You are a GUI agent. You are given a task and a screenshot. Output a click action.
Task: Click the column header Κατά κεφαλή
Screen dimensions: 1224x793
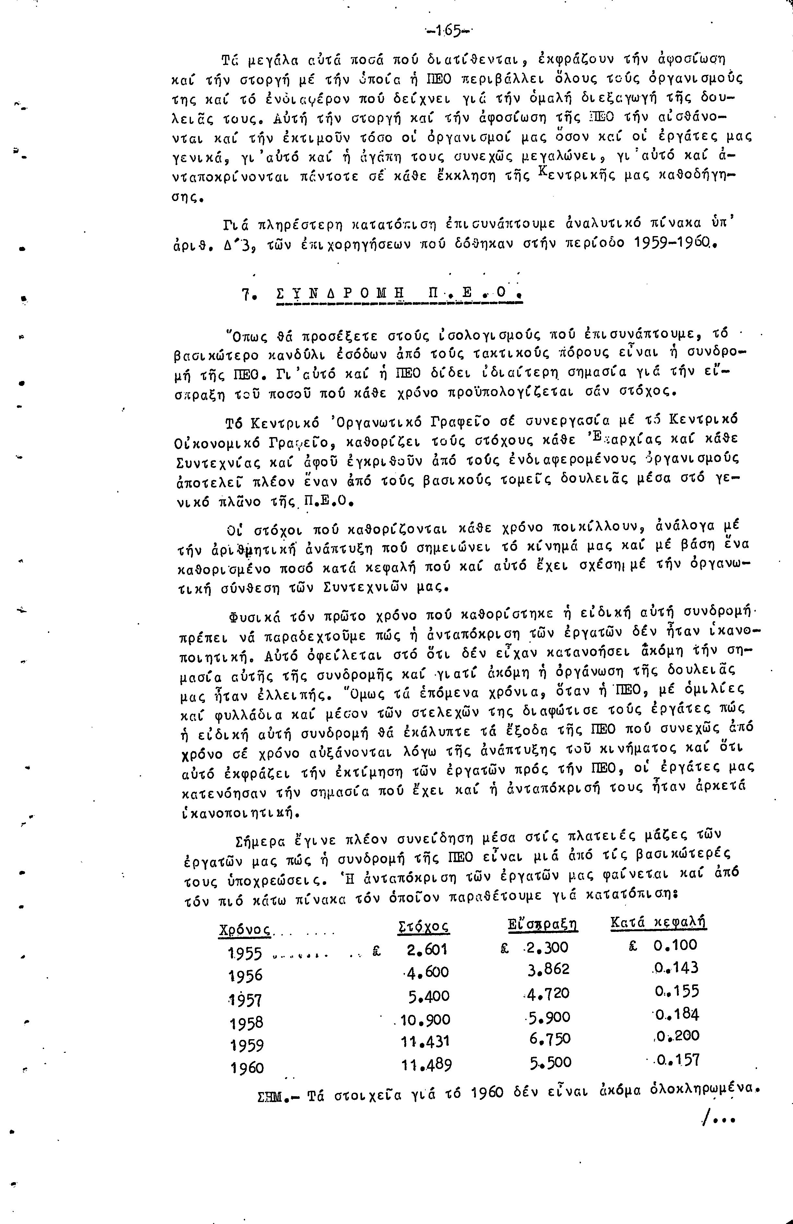(658, 923)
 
